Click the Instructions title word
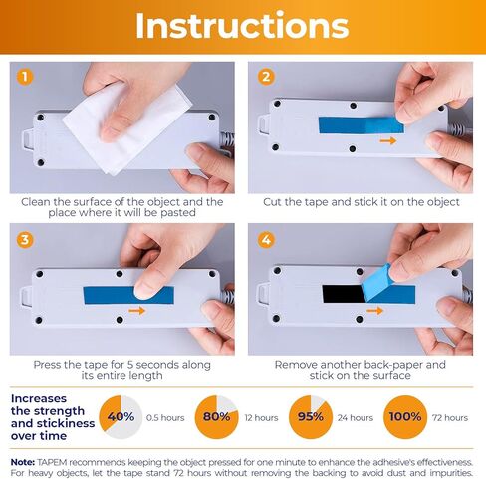242,25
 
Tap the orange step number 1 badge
25,77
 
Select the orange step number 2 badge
266,77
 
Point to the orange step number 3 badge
25,239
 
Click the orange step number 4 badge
266,239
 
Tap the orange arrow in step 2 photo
388,140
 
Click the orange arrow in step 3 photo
137,311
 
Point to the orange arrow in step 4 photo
375,311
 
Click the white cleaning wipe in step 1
127,127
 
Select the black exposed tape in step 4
344,294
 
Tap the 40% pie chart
121,417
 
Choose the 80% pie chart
216,417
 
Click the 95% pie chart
311,417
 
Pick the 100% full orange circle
405,417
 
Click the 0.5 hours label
165,418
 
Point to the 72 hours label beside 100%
450,418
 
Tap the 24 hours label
356,418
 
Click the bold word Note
23,462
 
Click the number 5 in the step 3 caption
130,365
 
